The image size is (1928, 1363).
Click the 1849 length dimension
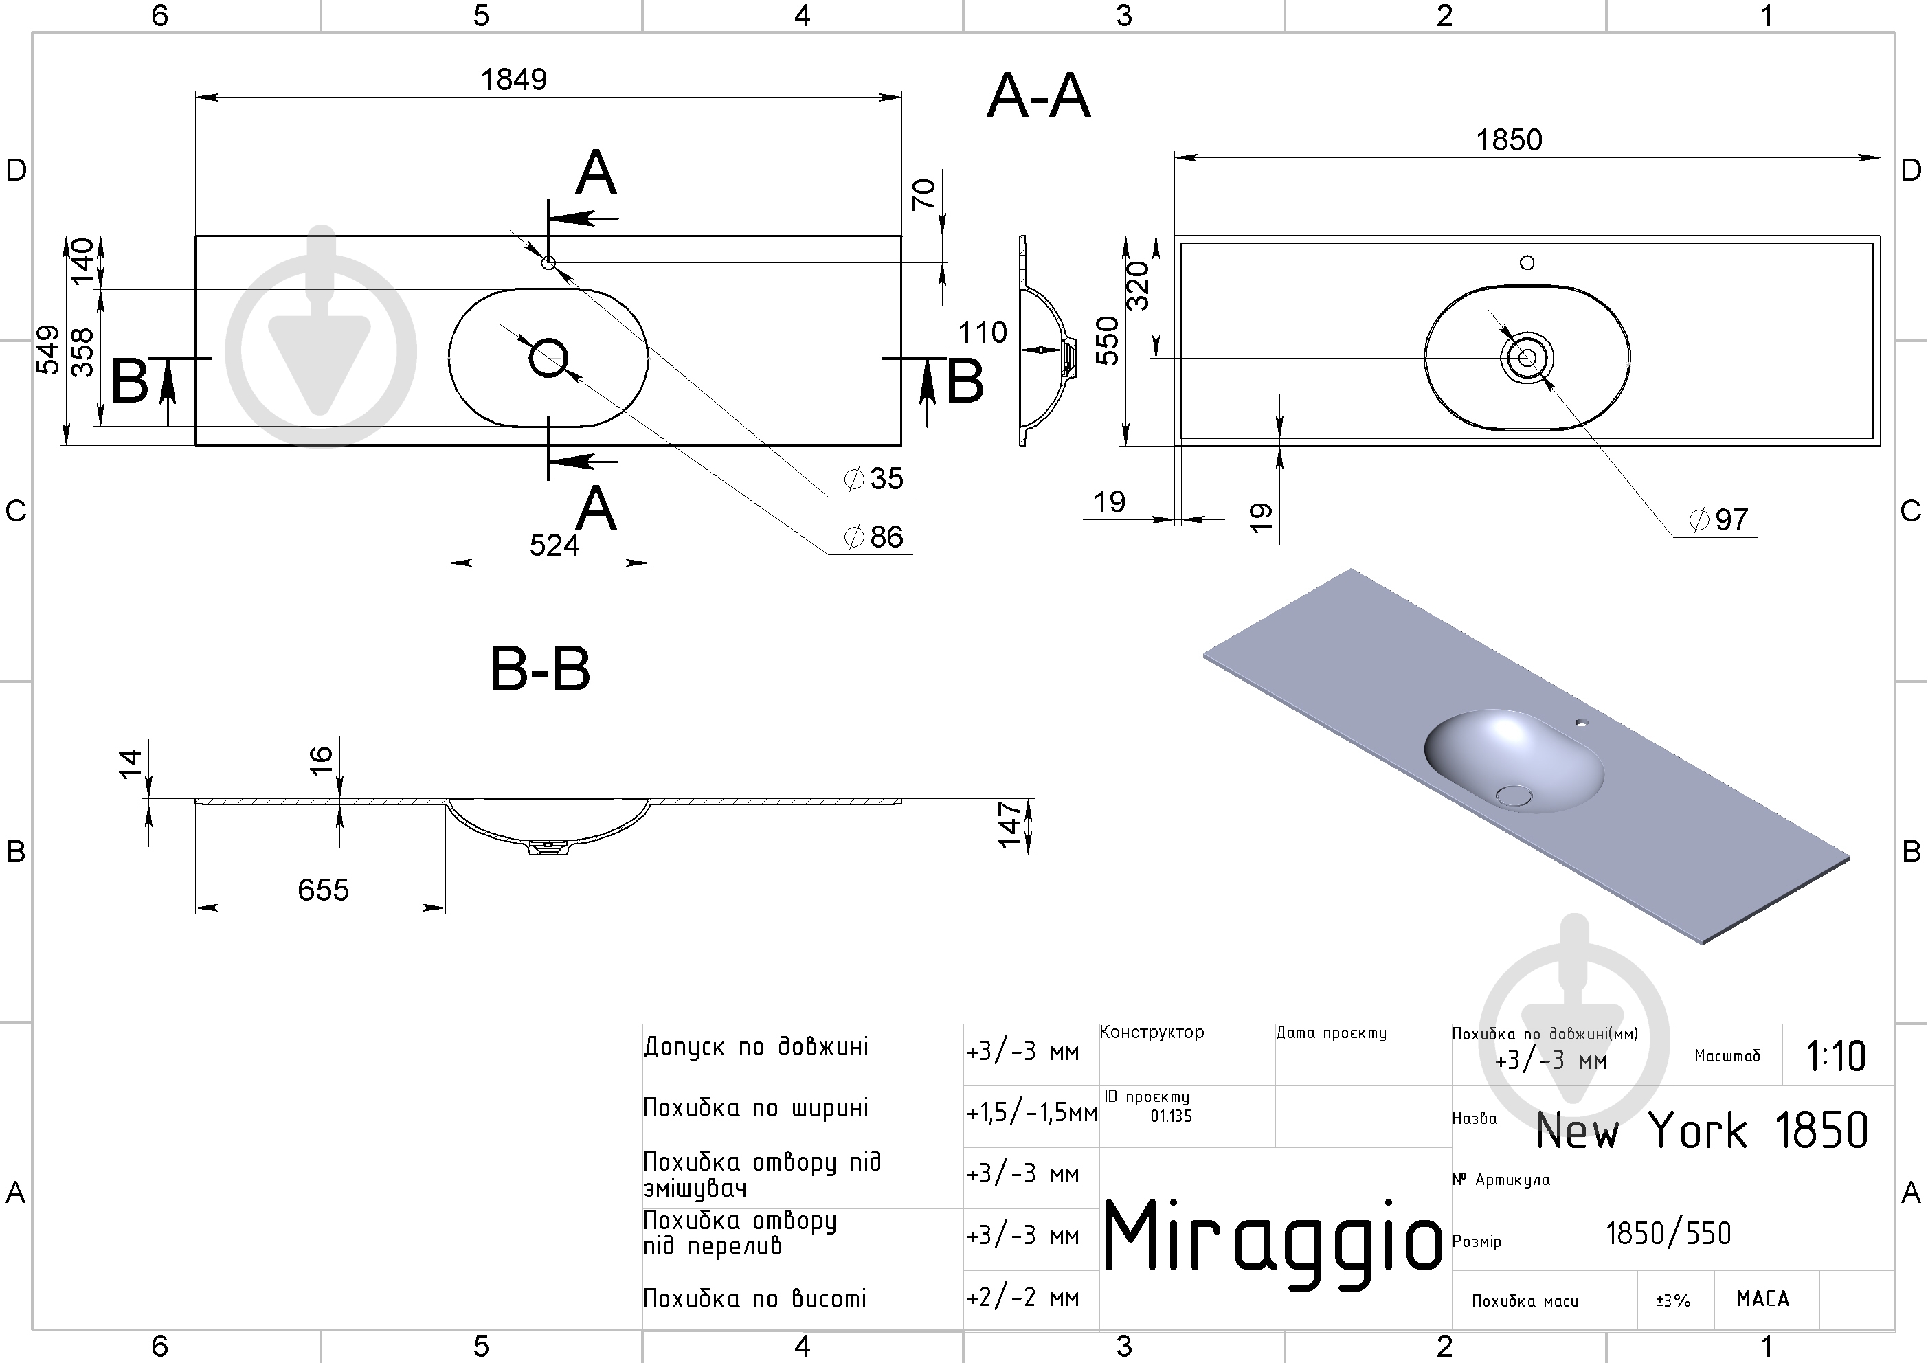[x=513, y=80]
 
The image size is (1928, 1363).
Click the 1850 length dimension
[x=1509, y=140]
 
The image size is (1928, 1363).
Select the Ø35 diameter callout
[x=873, y=479]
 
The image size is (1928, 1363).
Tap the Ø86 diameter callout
[x=873, y=537]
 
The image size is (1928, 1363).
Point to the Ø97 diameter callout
[x=1719, y=520]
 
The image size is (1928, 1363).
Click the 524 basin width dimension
[x=554, y=546]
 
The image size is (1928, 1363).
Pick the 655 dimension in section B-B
[x=324, y=890]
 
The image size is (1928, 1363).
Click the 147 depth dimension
[x=1009, y=826]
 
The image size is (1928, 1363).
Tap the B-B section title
[x=540, y=669]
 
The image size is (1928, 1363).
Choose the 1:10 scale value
[x=1836, y=1057]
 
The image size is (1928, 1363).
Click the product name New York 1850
[x=1702, y=1130]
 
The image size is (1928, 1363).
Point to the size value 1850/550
[x=1668, y=1234]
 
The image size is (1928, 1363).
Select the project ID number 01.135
[x=1172, y=1116]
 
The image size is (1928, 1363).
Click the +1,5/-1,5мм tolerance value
[x=1032, y=1113]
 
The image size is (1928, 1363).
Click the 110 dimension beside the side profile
[x=983, y=333]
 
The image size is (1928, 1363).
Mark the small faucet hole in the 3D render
[x=1581, y=721]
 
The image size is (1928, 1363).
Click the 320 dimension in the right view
[x=1137, y=286]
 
